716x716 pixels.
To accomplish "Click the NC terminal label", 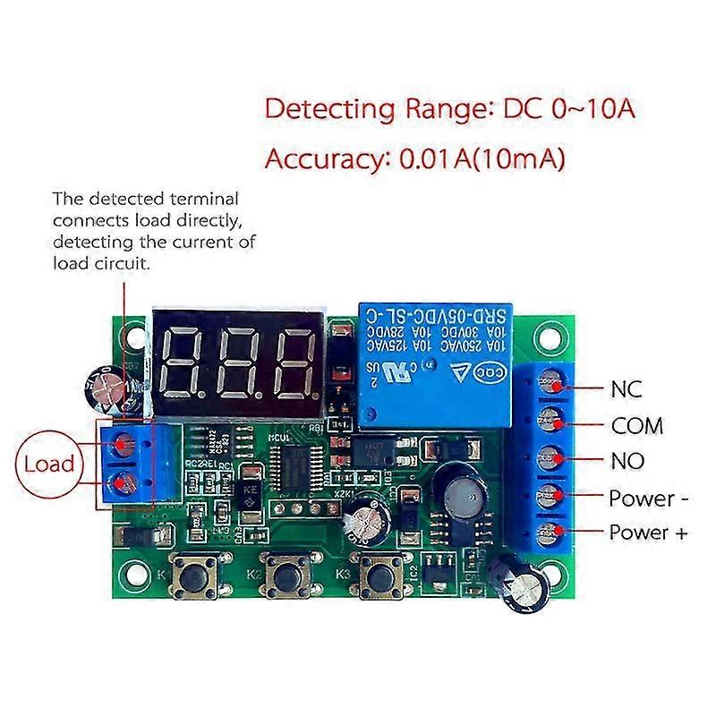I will pos(626,389).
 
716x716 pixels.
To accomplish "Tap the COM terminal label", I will pos(636,426).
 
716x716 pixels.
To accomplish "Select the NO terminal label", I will pos(626,461).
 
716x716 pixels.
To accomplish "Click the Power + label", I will pos(648,533).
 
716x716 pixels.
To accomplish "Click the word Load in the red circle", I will pos(48,465).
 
